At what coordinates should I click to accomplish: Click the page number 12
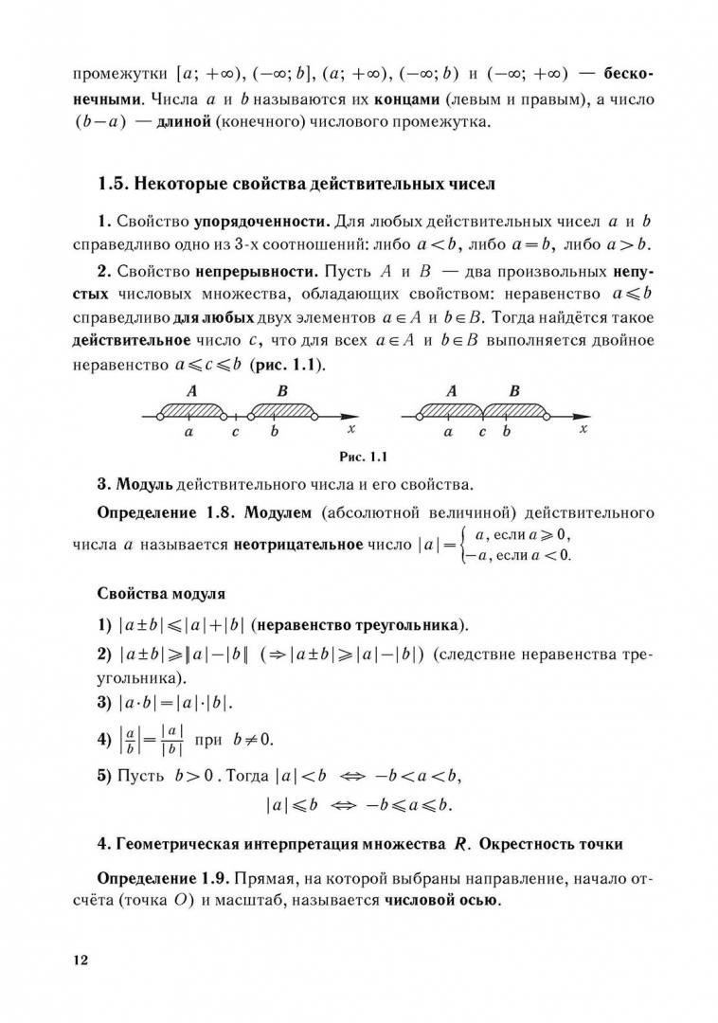coord(79,960)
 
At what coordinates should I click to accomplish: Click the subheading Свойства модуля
coord(161,594)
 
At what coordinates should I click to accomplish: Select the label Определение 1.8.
coord(168,513)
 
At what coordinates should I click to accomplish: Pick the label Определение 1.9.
coord(169,880)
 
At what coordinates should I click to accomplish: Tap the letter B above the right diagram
coord(514,390)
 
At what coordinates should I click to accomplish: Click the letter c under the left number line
coord(236,433)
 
